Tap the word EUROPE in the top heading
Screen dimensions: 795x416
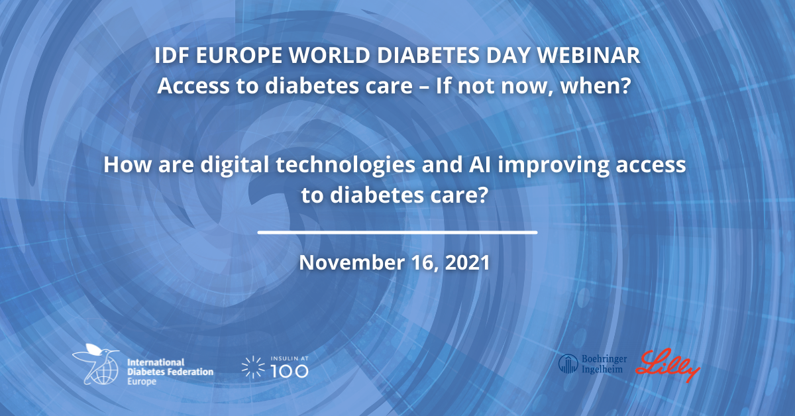pyautogui.click(x=239, y=56)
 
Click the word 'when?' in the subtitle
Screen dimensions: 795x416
pyautogui.click(x=596, y=86)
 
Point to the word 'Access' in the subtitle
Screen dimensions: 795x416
pyautogui.click(x=193, y=86)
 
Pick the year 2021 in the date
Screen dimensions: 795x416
pyautogui.click(x=468, y=263)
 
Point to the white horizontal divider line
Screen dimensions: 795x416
pyautogui.click(x=397, y=233)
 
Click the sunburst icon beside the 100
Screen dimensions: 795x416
pyautogui.click(x=253, y=367)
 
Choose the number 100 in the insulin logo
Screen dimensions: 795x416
pyautogui.click(x=290, y=371)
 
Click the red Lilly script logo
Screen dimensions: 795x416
pyautogui.click(x=667, y=365)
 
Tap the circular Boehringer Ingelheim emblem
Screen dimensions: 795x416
pyautogui.click(x=568, y=364)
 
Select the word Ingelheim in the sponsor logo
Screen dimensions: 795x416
pyautogui.click(x=602, y=369)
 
